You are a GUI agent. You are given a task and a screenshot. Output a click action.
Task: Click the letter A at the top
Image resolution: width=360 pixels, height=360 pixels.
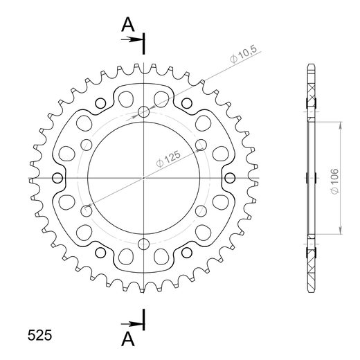tap(127, 26)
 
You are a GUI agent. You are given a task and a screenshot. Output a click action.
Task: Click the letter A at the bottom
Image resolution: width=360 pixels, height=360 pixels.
tap(127, 338)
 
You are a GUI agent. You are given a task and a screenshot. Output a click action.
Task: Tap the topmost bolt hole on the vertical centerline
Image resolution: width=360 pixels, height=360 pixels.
tap(144, 112)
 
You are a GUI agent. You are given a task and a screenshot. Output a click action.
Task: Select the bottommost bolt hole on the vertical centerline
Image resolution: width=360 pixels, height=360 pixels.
tap(144, 244)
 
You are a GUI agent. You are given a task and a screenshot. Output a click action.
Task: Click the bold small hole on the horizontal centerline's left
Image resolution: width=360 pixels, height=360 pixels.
tap(55, 178)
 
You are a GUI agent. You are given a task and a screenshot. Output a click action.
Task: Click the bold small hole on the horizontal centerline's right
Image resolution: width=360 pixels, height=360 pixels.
tap(233, 178)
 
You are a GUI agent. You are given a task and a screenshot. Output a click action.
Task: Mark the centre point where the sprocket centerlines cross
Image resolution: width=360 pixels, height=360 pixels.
tap(144, 178)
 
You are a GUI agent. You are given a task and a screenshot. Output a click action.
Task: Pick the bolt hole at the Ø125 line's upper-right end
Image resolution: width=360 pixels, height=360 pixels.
tap(201, 145)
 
